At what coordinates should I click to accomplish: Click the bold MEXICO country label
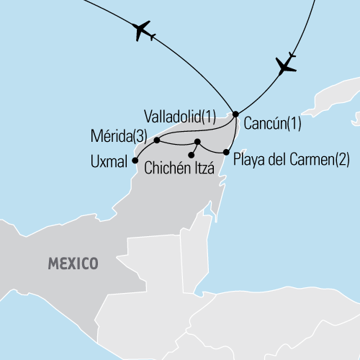[73, 264]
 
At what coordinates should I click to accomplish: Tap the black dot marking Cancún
[235, 114]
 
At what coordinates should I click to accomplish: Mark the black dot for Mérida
[157, 140]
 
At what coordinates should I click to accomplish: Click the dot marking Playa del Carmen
[227, 153]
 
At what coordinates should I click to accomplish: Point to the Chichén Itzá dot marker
[192, 155]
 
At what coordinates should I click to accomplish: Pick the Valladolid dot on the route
[197, 141]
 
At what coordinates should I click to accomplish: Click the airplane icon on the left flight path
[143, 31]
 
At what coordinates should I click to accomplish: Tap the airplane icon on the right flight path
[286, 65]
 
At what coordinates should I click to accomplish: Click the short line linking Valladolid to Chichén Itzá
[195, 148]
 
